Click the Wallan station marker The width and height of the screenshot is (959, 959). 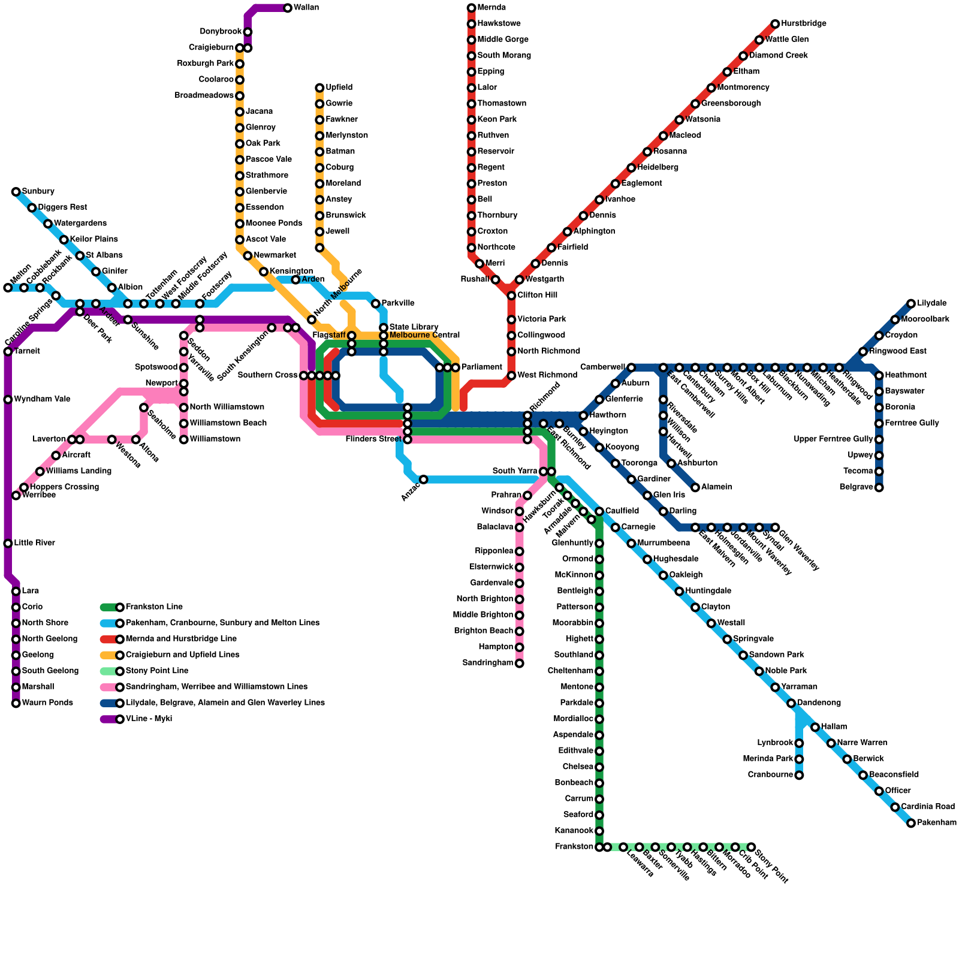288,8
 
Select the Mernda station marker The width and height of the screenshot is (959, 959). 471,8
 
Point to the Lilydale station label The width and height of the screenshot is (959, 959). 931,303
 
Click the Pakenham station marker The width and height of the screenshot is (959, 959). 911,823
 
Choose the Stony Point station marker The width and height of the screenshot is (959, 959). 751,847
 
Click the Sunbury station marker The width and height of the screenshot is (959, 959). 16,192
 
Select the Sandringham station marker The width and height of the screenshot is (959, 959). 519,663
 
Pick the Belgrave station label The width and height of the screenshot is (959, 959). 856,487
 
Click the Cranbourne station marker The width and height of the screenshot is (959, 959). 799,775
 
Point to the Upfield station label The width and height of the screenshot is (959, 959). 339,88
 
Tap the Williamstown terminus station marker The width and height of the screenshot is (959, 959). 183,439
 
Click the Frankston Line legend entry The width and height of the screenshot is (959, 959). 154,607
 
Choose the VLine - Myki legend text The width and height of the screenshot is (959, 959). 149,719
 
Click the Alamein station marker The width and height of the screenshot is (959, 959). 695,487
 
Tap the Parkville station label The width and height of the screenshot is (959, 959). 397,303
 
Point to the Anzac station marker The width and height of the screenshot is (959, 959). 423,479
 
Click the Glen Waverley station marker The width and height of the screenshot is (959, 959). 775,527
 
